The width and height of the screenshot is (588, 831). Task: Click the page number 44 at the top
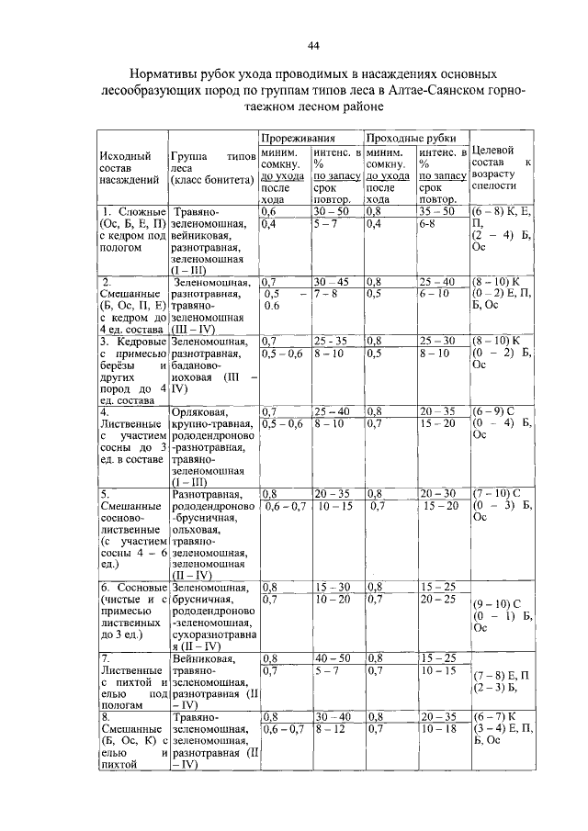coord(314,46)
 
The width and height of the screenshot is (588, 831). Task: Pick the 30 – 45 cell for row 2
coord(331,281)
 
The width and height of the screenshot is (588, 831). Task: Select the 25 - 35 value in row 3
coord(331,340)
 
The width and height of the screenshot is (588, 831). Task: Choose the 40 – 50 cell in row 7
coord(331,658)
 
